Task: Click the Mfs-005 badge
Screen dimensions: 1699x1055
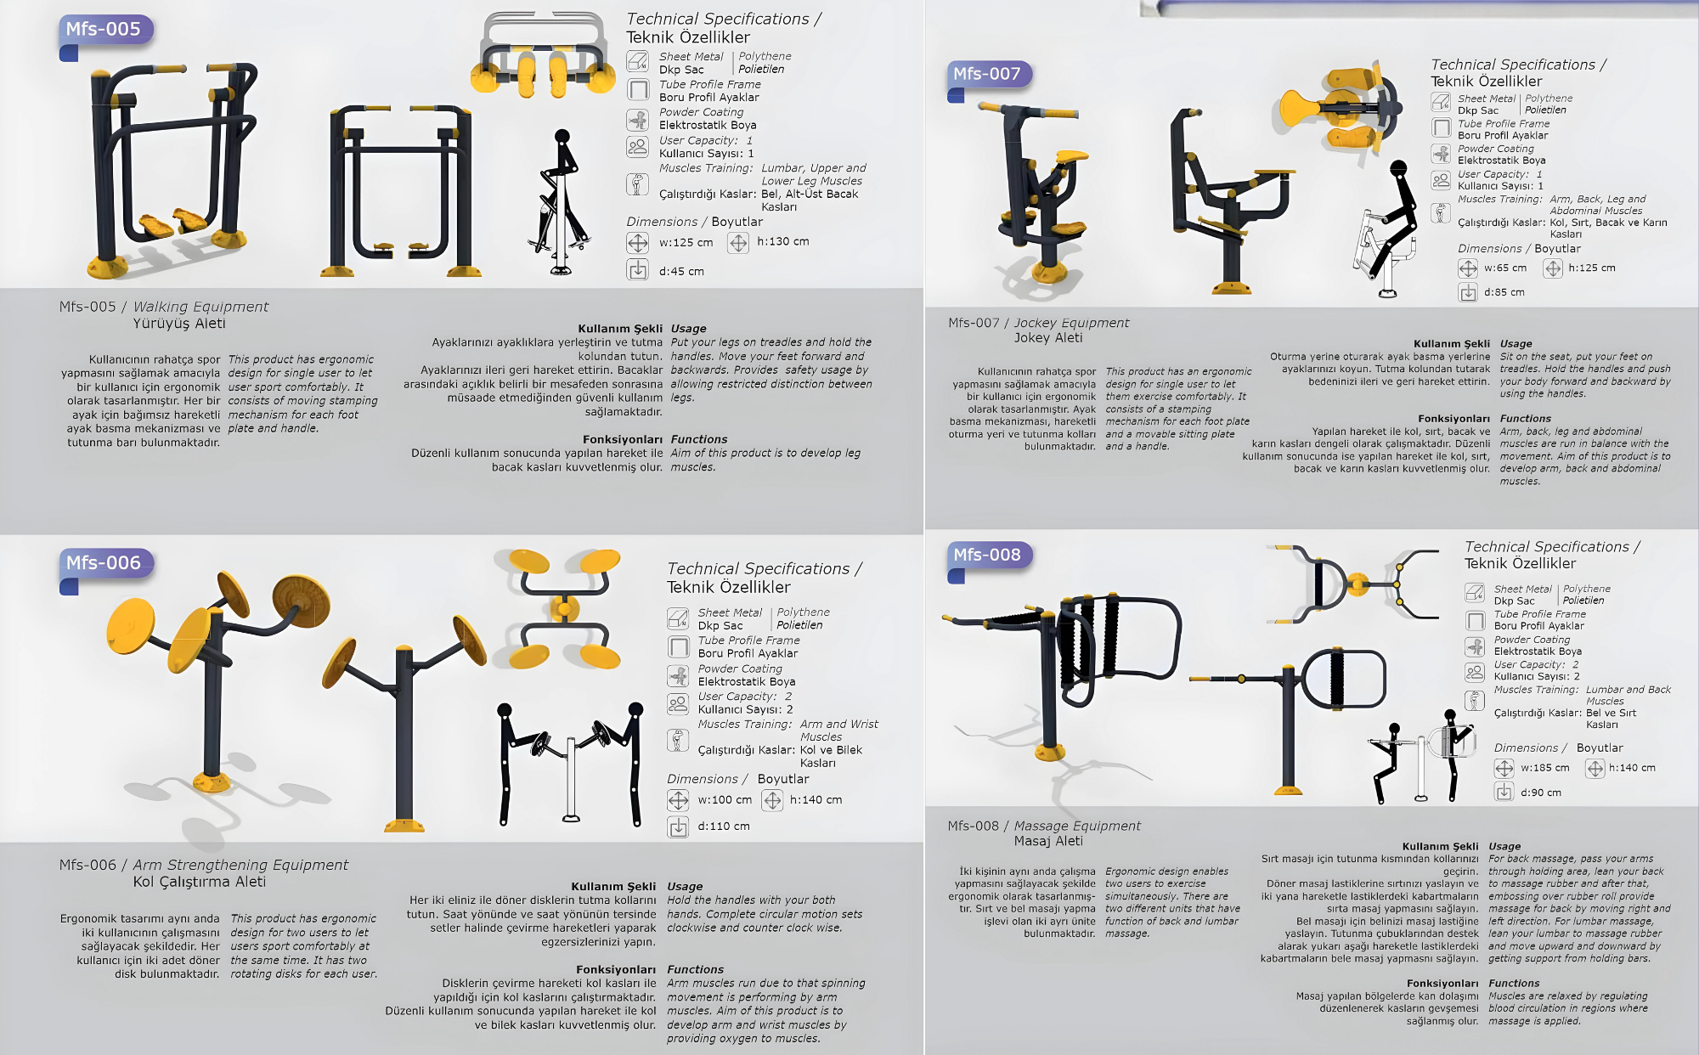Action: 104,30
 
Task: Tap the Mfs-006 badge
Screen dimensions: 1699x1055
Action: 104,563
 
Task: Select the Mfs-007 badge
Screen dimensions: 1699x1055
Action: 987,74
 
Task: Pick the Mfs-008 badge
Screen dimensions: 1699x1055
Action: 987,555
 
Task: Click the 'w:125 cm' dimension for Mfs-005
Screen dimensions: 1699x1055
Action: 686,243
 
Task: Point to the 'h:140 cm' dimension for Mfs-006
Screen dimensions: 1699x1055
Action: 816,800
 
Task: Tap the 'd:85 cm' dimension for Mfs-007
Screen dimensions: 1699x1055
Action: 1504,292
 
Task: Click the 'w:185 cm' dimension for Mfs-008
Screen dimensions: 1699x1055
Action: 1545,768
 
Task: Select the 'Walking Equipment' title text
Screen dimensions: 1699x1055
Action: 201,307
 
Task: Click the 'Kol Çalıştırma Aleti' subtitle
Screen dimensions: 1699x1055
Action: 200,882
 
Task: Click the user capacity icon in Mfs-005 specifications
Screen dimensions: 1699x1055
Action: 637,147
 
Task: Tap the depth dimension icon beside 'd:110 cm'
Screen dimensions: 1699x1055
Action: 678,827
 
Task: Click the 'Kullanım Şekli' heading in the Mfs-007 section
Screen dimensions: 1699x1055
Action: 1452,344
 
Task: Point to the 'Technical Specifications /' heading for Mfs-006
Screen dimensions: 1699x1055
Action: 765,569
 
